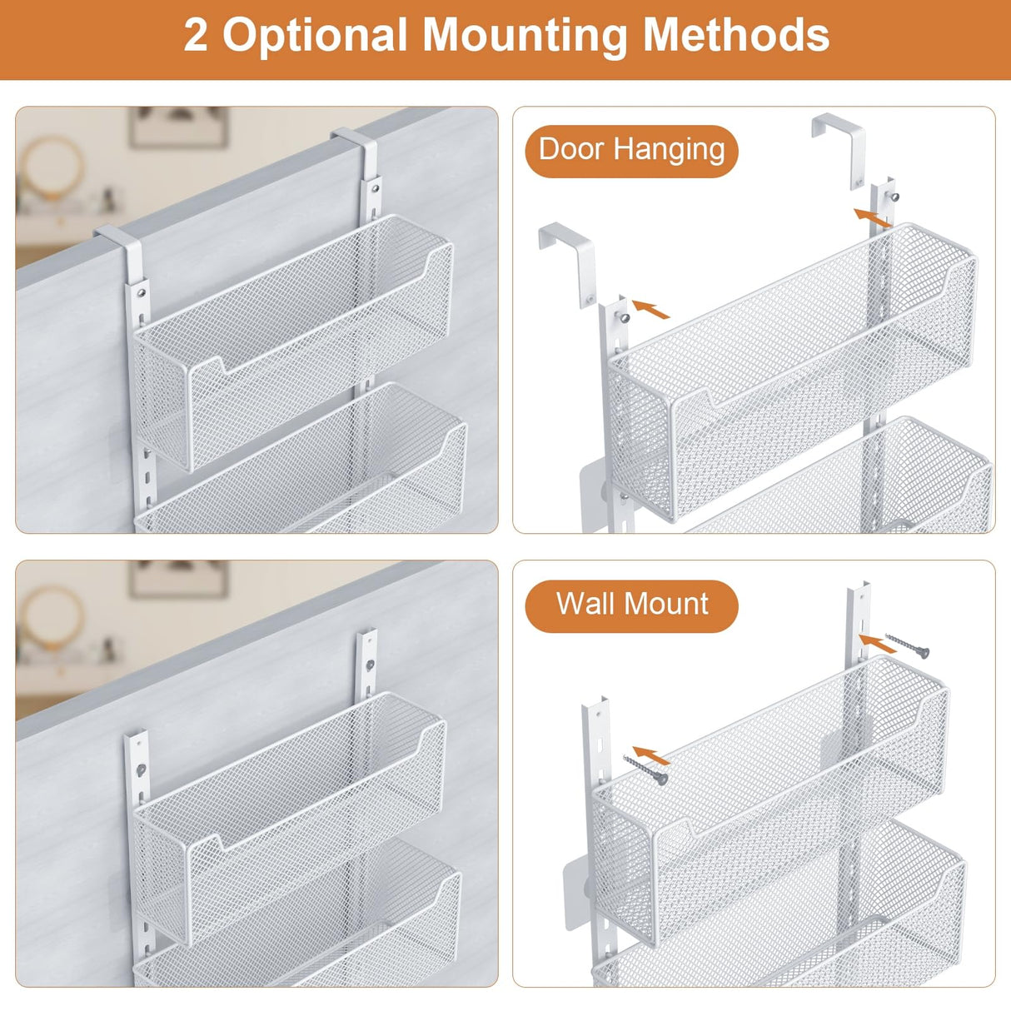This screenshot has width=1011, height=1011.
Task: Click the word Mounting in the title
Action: (525, 35)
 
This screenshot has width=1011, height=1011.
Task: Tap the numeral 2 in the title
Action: (196, 37)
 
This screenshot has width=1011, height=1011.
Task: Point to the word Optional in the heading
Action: (314, 37)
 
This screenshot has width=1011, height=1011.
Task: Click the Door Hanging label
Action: (631, 151)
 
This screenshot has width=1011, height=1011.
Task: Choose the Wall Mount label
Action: (631, 605)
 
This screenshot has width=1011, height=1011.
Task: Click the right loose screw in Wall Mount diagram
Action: (907, 645)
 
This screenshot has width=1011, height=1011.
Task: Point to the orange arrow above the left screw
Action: (651, 755)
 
